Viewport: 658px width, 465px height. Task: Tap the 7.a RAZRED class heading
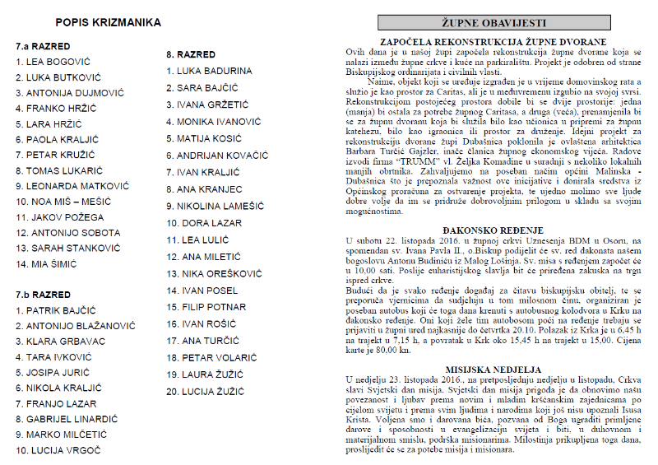tap(43, 46)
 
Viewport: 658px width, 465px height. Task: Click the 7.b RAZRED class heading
tap(43, 294)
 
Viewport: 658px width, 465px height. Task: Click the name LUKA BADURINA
tap(209, 71)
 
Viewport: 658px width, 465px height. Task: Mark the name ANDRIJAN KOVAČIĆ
tap(217, 156)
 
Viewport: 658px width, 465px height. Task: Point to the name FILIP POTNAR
tap(210, 307)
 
